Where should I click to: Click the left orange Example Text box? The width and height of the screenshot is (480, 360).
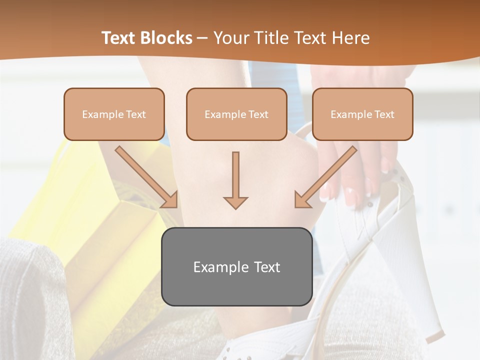click(114, 114)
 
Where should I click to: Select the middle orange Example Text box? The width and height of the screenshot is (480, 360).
click(236, 114)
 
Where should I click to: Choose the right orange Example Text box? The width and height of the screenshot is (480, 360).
click(362, 114)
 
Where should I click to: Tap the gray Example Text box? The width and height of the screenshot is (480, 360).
click(236, 266)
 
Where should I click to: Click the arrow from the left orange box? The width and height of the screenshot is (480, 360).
click(145, 175)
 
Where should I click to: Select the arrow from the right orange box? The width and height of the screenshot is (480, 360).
click(327, 175)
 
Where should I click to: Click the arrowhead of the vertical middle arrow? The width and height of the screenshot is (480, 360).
click(235, 202)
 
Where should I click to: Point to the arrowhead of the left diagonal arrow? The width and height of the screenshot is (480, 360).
click(170, 199)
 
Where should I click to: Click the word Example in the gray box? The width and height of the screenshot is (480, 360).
click(216, 267)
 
